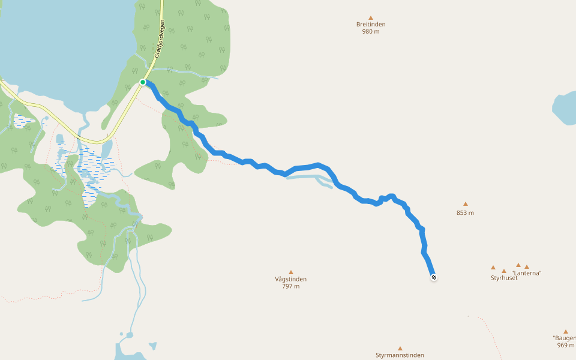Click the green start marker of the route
(x=143, y=82)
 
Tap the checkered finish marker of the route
(x=433, y=277)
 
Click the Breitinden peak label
(x=371, y=25)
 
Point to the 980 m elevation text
(x=371, y=32)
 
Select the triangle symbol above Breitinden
(x=371, y=17)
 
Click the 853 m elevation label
(x=465, y=213)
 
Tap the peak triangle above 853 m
(x=465, y=204)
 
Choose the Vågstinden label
(x=291, y=279)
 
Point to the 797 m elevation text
(x=291, y=286)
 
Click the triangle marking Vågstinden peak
(x=291, y=272)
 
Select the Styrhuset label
(x=504, y=278)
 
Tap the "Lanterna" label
(x=526, y=274)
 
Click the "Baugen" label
(x=565, y=338)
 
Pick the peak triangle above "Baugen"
(x=565, y=331)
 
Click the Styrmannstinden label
(x=400, y=355)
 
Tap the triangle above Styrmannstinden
(x=400, y=348)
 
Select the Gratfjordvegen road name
(x=160, y=38)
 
